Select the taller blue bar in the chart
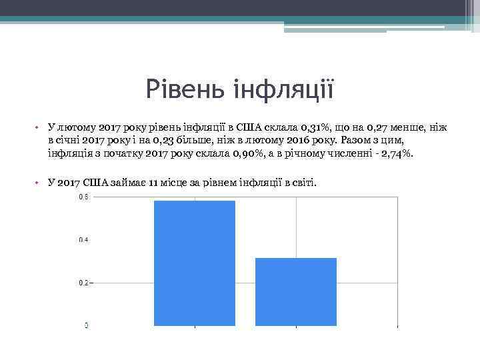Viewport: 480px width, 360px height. [195, 263]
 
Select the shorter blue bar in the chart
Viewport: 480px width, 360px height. [296, 291]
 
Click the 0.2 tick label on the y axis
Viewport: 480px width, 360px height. [84, 283]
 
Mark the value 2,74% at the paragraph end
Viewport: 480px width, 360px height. [397, 154]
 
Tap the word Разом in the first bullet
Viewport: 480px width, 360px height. [355, 141]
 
